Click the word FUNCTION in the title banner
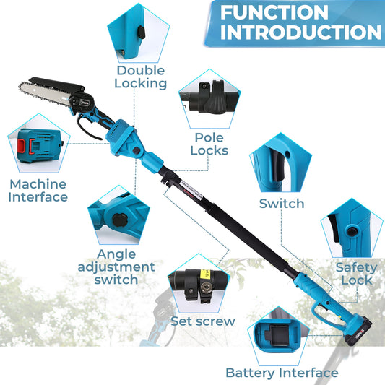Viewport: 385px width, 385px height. coord(274,12)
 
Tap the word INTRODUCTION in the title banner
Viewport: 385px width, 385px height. coord(301,33)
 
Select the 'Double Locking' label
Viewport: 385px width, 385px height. coord(140,77)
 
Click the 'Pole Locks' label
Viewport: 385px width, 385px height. coord(209,144)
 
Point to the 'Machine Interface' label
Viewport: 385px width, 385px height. coord(38,191)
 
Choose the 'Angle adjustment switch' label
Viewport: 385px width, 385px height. coord(116,267)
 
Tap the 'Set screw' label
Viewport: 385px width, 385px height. coord(203,321)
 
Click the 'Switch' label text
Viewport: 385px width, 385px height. coord(282,204)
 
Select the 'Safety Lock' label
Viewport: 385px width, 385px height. coord(357,274)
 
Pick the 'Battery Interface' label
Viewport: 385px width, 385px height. coord(282,373)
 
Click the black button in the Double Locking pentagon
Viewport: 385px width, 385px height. coord(141,32)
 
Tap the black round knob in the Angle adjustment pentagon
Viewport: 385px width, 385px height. coord(120,220)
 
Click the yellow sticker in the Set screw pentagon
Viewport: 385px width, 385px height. coord(206,274)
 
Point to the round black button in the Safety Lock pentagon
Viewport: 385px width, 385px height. coord(352,231)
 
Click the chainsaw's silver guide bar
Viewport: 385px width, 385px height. coord(45,92)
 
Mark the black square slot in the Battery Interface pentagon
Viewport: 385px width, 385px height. coord(280,336)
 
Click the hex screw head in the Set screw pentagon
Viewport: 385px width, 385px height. coord(205,286)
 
